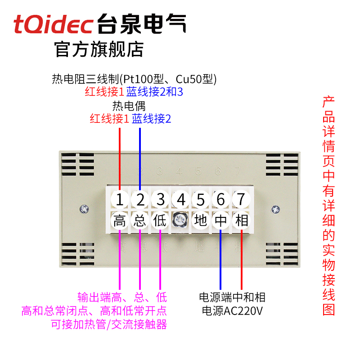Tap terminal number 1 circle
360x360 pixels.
pos(120,198)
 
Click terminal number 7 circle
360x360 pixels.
pos(241,198)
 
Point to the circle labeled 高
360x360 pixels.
pos(120,221)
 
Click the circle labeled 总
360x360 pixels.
pos(140,221)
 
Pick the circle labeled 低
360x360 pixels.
pos(160,221)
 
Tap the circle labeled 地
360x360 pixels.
pos(201,221)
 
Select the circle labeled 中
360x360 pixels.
pos(221,221)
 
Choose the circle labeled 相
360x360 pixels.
pos(241,221)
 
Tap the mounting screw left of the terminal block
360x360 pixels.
pos(84,209)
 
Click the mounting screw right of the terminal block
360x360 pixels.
pos(276,209)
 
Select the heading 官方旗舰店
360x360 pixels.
pos(99,49)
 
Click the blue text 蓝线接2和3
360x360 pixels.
pos(154,92)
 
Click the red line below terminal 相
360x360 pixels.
pos(242,261)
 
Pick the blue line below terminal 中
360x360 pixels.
pos(221,261)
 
